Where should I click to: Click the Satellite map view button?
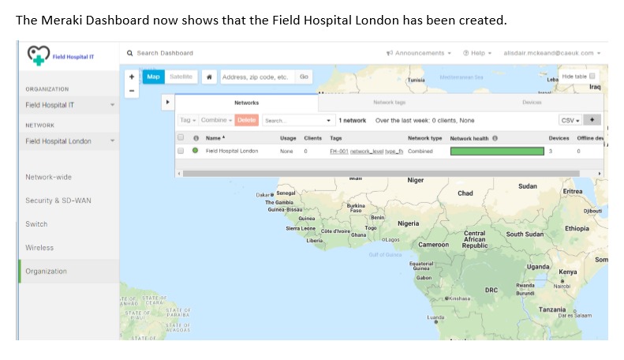coord(181,77)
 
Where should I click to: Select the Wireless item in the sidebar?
coord(39,247)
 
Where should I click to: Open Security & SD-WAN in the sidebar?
coord(58,201)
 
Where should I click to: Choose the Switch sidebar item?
coord(36,224)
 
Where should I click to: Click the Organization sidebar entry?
coord(46,271)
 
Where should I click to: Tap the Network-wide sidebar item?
coord(48,177)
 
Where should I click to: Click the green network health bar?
coord(497,151)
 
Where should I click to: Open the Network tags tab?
coord(389,103)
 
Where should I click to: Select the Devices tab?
coord(532,103)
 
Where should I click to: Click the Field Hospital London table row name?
coord(232,151)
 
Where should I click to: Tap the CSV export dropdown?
coord(570,120)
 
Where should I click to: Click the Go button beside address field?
coord(304,77)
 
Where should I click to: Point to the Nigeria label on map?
coord(408,223)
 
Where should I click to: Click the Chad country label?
coord(465,193)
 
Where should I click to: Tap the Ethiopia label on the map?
coord(577,229)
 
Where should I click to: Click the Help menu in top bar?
coord(476,53)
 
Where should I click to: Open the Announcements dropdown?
coord(418,53)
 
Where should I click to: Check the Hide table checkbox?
coord(592,76)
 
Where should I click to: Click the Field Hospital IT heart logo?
coord(38,54)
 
